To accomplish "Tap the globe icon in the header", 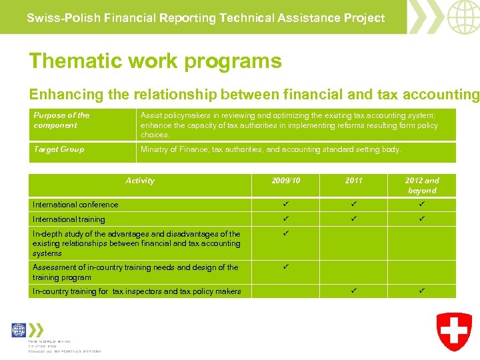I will pyautogui.click(x=463, y=17).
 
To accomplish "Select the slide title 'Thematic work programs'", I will pyautogui.click(x=155, y=61).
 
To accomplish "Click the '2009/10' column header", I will pyautogui.click(x=286, y=181).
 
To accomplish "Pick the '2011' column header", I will pyautogui.click(x=354, y=181).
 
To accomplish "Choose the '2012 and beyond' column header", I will pyautogui.click(x=422, y=185).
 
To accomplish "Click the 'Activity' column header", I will pyautogui.click(x=140, y=181).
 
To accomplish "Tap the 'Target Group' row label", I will pyautogui.click(x=59, y=149).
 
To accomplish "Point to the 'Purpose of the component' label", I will pyautogui.click(x=61, y=120).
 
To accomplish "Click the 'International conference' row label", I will pyautogui.click(x=75, y=205).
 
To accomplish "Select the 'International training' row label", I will pyautogui.click(x=69, y=219).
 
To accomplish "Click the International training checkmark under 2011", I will pyautogui.click(x=354, y=219).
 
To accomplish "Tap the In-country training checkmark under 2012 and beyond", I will pyautogui.click(x=422, y=290).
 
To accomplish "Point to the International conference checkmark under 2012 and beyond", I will pyautogui.click(x=422, y=204).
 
